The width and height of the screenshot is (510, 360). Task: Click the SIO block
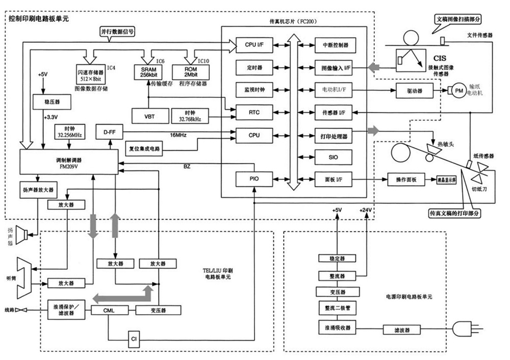pos(334,157)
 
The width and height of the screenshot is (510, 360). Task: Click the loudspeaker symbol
pos(21,236)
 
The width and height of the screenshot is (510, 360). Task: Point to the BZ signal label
pos(187,167)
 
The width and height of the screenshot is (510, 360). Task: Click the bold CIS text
pos(439,59)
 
